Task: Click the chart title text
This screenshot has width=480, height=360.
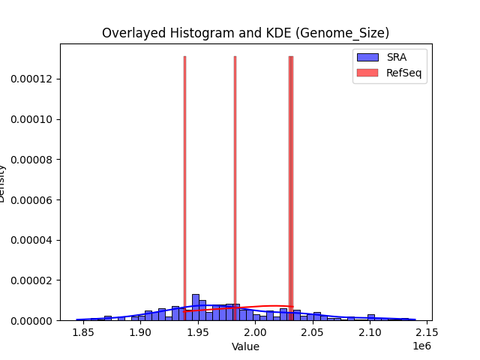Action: [245, 33]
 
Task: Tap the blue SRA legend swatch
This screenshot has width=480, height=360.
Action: [367, 57]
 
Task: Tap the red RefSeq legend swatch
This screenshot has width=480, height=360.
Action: [367, 72]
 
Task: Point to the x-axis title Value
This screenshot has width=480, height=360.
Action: [245, 346]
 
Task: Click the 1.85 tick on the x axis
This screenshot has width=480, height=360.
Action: [82, 332]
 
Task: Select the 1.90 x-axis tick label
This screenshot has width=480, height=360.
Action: [140, 332]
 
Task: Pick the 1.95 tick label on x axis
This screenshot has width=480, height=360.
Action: [198, 332]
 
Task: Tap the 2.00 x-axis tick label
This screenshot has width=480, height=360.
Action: [256, 332]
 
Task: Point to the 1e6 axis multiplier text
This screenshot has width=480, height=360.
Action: [421, 345]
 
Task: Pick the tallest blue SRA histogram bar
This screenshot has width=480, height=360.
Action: [195, 307]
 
